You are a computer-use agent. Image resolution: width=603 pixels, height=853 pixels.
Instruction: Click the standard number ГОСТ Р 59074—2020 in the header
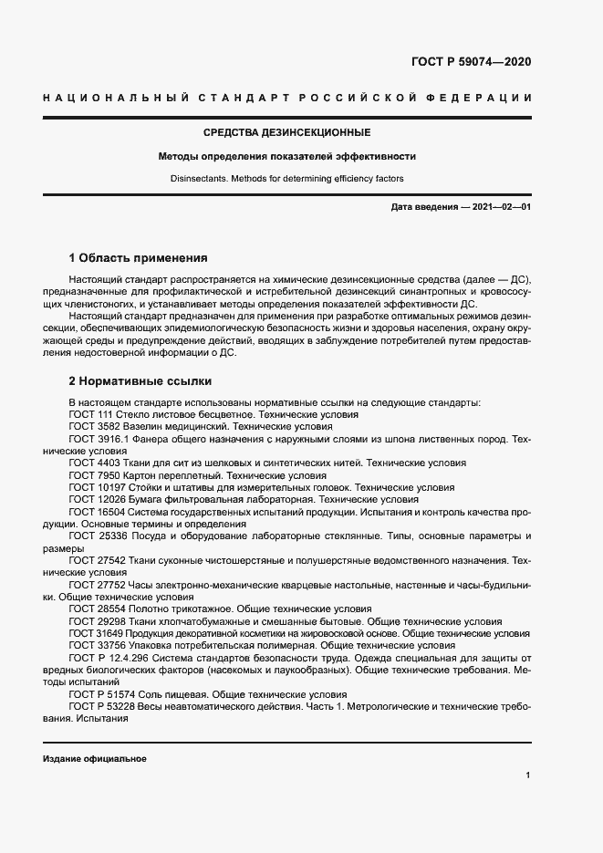[466, 63]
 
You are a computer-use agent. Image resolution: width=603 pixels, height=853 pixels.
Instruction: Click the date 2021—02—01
[499, 207]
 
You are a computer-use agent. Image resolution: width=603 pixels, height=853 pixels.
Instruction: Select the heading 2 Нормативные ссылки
[140, 380]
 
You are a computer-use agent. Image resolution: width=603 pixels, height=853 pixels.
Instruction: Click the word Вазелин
[143, 426]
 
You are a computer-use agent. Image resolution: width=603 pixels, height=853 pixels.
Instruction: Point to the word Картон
[141, 475]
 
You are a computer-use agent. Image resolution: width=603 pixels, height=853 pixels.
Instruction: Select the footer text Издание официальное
[94, 759]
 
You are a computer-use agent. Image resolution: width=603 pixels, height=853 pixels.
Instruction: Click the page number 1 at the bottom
[528, 775]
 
